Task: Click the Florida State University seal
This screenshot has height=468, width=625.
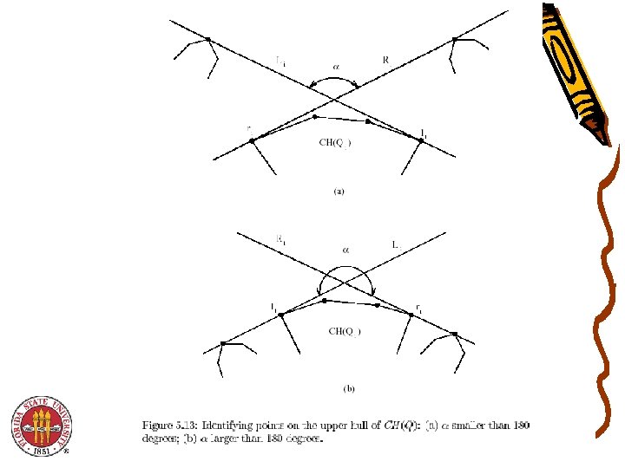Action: point(40,426)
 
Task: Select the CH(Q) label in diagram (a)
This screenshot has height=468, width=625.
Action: point(335,143)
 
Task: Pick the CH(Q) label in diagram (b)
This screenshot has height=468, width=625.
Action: point(344,330)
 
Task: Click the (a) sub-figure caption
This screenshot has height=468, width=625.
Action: point(339,192)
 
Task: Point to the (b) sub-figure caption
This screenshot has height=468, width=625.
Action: point(349,390)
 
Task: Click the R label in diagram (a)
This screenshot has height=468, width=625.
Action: point(385,60)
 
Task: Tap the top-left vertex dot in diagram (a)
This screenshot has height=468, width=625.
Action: point(208,38)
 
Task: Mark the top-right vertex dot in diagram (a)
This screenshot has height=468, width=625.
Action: point(454,38)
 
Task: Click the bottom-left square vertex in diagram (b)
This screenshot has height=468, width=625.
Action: point(223,343)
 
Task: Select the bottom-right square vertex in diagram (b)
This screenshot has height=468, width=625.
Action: point(454,332)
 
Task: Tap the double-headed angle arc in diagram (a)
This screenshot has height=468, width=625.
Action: point(336,79)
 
